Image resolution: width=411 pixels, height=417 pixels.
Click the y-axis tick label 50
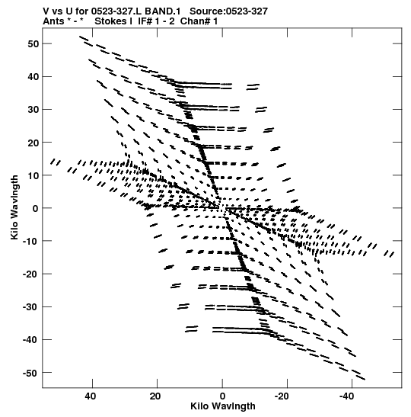coord(33,44)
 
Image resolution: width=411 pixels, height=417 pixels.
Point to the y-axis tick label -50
coord(31,373)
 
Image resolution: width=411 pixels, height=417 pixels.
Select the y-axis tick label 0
coord(36,209)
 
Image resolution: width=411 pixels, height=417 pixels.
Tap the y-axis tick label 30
coord(33,110)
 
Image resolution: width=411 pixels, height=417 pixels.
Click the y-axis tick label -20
coord(31,274)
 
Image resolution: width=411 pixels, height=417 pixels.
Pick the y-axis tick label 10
coord(33,175)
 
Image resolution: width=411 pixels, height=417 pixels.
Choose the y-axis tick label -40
coord(31,340)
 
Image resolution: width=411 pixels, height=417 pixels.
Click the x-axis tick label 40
coord(91,396)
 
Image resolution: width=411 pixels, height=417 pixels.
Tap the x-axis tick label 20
coord(155,396)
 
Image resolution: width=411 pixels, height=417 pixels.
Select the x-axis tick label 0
coord(222,396)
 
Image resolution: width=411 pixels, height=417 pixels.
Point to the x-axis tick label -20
coord(282,396)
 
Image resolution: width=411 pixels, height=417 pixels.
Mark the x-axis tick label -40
coord(346,396)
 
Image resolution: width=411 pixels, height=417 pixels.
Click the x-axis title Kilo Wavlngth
coord(223,406)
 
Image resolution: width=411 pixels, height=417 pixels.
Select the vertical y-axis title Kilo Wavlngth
coord(14,207)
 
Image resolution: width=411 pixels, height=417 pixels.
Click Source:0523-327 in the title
coord(228,11)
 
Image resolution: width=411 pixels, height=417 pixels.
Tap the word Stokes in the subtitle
coord(110,21)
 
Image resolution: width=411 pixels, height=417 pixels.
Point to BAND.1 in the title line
coord(162,11)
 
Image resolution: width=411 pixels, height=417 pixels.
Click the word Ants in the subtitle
coord(53,21)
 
